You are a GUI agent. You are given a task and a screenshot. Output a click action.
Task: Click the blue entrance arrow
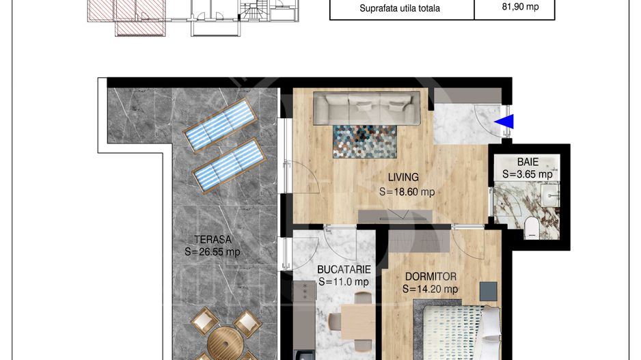tap(504, 122)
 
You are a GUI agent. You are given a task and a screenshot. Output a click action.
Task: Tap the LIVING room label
tap(403, 178)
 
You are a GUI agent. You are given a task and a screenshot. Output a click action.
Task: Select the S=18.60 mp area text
tap(407, 192)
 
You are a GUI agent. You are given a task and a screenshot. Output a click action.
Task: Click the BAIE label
tap(528, 162)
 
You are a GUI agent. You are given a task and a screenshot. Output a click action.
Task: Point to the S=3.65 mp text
tap(528, 174)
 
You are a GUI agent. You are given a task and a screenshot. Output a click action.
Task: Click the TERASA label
tap(213, 240)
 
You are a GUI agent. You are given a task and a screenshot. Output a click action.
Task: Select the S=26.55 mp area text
tap(212, 251)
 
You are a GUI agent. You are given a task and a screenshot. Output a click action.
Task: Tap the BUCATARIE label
tap(344, 270)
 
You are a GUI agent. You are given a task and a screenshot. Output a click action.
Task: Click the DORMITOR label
tap(431, 277)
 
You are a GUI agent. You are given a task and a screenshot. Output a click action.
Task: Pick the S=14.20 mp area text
tap(430, 289)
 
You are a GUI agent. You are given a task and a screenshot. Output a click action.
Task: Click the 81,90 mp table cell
tap(521, 7)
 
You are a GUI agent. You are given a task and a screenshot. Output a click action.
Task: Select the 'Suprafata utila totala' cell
tap(400, 8)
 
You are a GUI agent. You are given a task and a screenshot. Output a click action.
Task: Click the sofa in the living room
tap(367, 108)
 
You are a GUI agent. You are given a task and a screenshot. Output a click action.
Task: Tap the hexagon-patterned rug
tap(365, 141)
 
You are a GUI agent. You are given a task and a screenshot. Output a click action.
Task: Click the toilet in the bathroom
tap(532, 227)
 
